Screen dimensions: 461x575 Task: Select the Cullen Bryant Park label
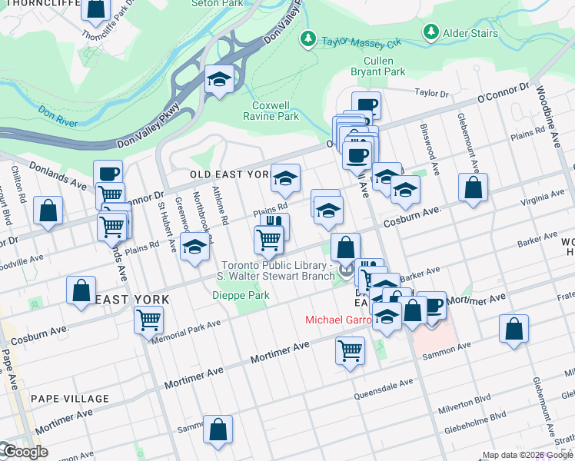[384, 67]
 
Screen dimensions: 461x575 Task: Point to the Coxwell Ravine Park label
[275, 111]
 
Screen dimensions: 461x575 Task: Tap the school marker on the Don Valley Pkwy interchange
[220, 80]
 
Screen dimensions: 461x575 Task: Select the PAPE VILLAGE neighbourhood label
[70, 399]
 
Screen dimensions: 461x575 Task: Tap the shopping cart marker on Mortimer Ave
[350, 351]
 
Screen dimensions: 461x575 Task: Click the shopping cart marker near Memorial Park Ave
[148, 320]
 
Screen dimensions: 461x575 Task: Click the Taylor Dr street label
[431, 93]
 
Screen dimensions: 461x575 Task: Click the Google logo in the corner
[25, 452]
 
